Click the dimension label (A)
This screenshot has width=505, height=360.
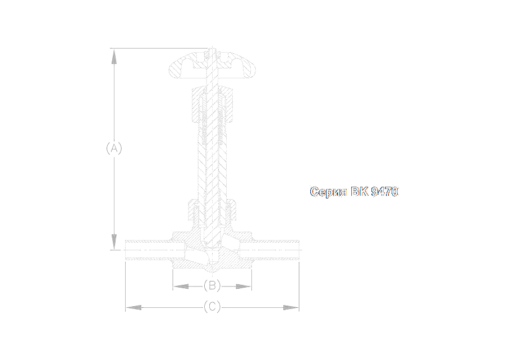point(114,148)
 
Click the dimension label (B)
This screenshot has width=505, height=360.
point(212,285)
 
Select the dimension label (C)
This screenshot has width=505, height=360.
point(212,307)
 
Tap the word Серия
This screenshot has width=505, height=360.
point(328,192)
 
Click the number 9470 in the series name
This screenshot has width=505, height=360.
point(384,191)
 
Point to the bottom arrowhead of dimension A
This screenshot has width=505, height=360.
point(114,242)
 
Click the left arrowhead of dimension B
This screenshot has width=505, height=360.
point(181,286)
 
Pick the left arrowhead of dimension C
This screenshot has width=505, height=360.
point(134,307)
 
